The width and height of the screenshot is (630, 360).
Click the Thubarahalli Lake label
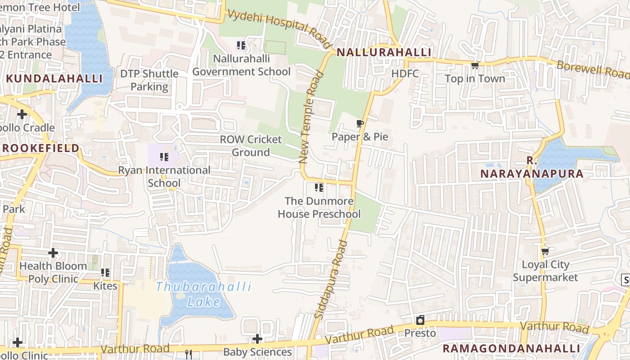(204, 294)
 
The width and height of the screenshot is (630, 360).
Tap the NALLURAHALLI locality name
(384, 52)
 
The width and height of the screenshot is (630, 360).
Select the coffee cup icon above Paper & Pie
(360, 123)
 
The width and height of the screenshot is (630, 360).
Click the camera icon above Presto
(420, 320)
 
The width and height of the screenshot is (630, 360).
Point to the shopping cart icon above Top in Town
(475, 66)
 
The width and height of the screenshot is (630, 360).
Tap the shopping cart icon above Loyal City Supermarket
(545, 251)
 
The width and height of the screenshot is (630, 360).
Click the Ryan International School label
(164, 176)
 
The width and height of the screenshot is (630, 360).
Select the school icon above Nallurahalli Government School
(241, 45)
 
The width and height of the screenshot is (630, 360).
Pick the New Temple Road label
(311, 122)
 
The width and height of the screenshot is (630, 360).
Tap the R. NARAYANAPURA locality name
(532, 167)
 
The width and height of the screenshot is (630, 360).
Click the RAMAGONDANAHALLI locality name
(511, 348)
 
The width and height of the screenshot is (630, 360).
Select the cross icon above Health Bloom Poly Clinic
(53, 253)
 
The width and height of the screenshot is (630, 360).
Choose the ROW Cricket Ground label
(251, 146)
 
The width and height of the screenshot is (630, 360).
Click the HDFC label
(405, 73)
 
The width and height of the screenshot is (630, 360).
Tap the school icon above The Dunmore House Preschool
(319, 187)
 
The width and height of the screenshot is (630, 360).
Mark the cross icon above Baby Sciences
(257, 338)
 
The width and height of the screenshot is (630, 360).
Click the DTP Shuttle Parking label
(149, 80)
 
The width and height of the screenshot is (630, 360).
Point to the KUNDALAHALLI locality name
(54, 78)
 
